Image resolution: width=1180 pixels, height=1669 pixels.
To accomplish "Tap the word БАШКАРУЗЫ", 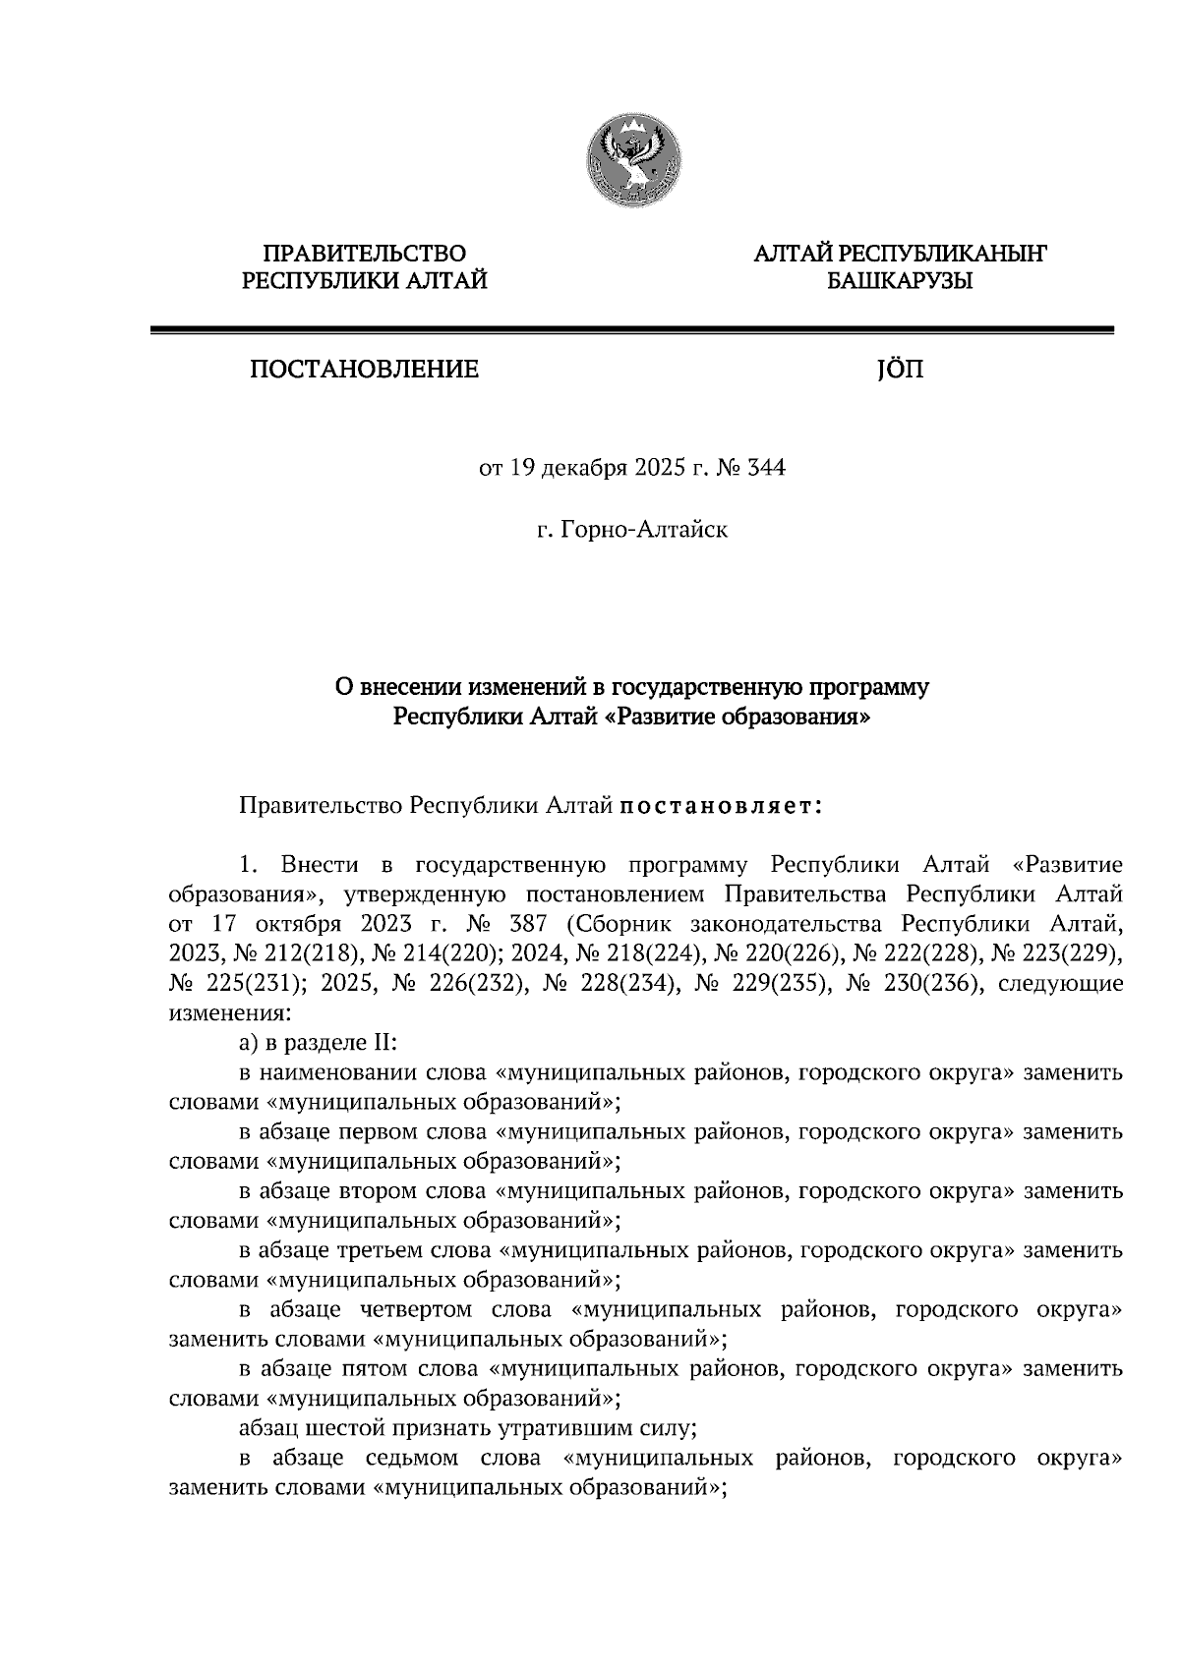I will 900,282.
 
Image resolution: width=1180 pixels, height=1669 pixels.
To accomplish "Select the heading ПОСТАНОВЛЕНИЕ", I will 365,371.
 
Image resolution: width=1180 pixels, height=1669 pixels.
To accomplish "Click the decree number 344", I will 766,468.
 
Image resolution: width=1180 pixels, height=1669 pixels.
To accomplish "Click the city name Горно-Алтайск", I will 644,532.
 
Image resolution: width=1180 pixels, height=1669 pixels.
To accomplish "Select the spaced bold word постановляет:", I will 721,806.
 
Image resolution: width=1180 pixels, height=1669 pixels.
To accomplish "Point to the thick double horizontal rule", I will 631,332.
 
